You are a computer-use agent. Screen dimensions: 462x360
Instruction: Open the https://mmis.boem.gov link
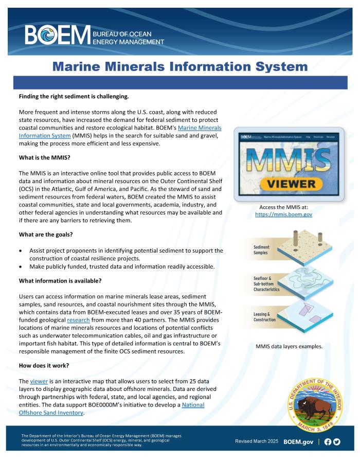tap(283, 214)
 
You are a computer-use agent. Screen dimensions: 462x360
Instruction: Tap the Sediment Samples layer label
tap(262, 250)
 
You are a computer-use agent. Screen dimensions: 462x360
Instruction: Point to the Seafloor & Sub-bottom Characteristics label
tap(266, 283)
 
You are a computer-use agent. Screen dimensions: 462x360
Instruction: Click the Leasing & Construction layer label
tap(265, 317)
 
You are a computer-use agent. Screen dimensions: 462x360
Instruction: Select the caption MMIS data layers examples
tap(289, 346)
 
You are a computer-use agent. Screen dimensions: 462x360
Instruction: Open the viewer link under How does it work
tap(39, 381)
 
